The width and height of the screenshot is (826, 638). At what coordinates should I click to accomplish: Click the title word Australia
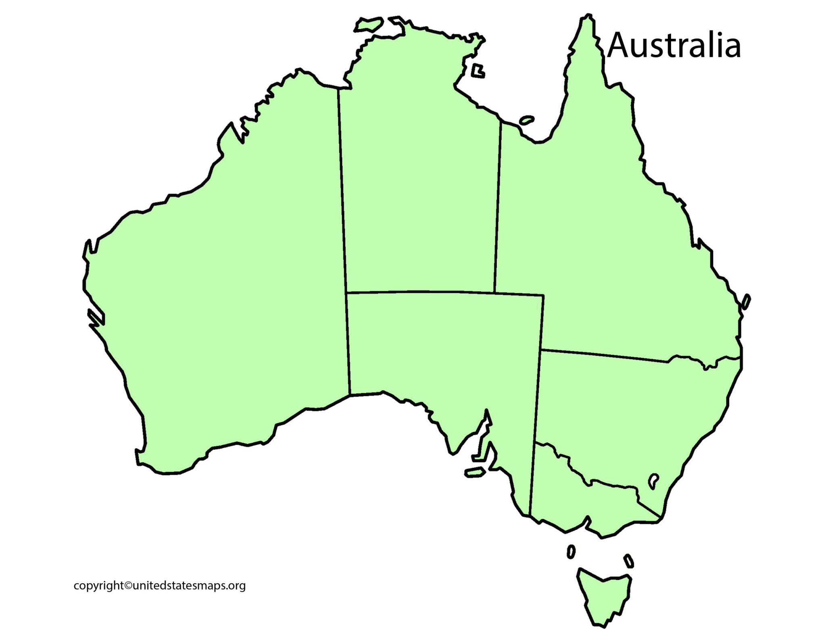point(674,46)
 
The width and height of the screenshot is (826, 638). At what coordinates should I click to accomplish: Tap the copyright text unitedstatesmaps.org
point(160,585)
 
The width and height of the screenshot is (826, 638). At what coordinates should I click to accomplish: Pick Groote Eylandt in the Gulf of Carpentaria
point(478,71)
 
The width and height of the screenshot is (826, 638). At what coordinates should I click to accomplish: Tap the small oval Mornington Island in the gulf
point(527,120)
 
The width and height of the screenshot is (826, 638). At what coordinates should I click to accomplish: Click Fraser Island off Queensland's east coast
point(746,302)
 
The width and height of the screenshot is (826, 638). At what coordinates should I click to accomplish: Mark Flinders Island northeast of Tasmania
point(629,561)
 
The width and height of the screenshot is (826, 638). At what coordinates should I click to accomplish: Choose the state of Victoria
point(585,500)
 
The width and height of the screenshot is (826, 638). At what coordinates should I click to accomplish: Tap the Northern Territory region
point(419,181)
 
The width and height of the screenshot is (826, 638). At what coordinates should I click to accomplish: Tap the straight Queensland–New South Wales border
point(605,356)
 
